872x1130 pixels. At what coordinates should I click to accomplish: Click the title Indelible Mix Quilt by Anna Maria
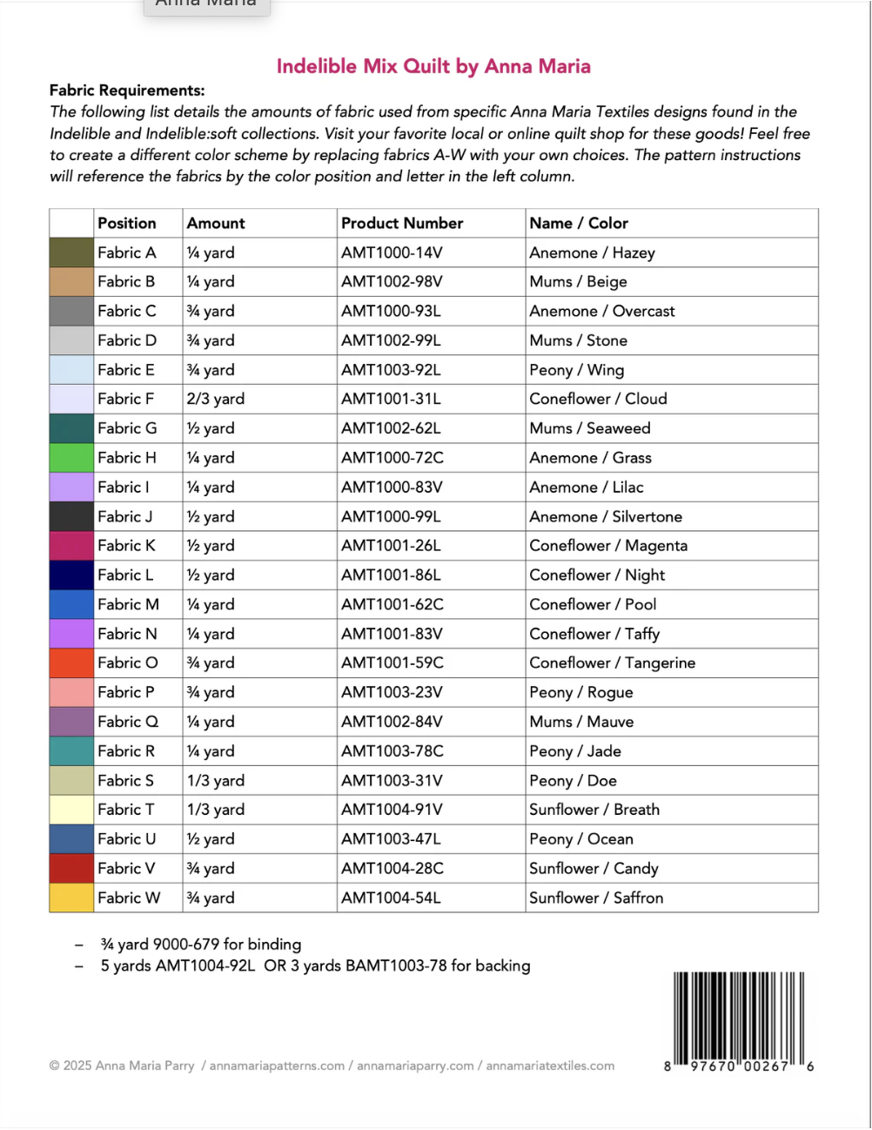[x=433, y=66]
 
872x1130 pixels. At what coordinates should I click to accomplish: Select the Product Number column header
[x=402, y=224]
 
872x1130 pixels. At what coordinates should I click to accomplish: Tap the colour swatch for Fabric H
[x=71, y=458]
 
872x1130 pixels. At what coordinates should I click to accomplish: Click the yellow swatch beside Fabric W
[x=71, y=898]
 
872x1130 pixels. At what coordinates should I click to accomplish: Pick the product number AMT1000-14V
[x=392, y=253]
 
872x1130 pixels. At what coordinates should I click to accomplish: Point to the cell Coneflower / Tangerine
[x=612, y=663]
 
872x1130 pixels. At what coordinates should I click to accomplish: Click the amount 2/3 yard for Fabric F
[x=216, y=400]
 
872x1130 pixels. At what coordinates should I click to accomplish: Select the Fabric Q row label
[x=128, y=722]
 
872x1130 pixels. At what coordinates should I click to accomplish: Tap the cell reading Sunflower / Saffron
[x=596, y=898]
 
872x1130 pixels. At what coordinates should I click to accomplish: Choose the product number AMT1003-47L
[x=391, y=839]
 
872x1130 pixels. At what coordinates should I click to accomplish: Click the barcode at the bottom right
[x=738, y=1019]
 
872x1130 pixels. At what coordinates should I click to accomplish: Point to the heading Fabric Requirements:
[x=127, y=91]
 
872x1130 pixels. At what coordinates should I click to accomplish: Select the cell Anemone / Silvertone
[x=606, y=517]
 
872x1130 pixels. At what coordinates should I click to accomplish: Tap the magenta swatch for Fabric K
[x=71, y=546]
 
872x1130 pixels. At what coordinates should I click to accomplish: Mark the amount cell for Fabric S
[x=216, y=781]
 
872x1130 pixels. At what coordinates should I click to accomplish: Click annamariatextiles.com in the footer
[x=550, y=1066]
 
